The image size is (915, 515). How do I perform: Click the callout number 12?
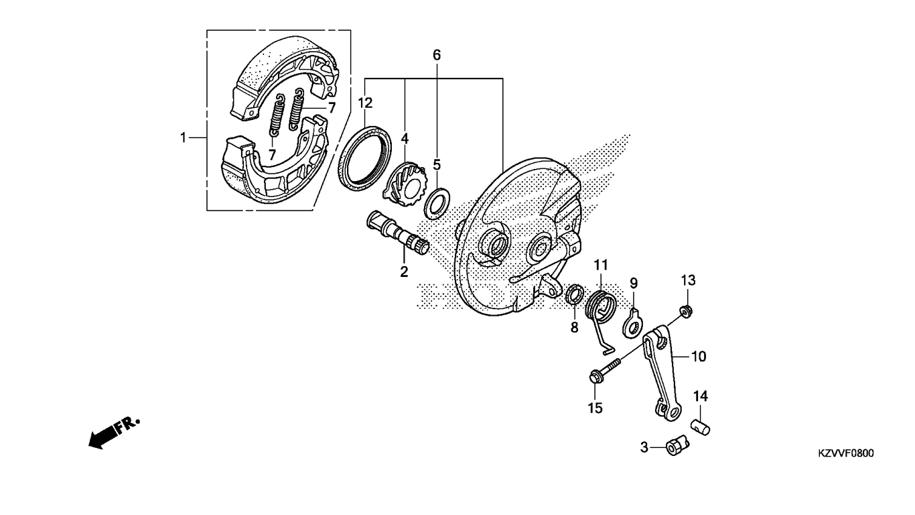coord(365,103)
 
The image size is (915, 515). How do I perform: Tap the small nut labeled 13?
coord(686,310)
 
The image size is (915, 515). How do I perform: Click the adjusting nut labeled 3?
coord(677,445)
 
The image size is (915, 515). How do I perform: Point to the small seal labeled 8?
coord(574,294)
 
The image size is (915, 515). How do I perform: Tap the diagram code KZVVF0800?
coord(845,454)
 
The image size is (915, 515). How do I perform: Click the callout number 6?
coord(437,55)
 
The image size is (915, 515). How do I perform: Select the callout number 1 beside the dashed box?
coord(182,137)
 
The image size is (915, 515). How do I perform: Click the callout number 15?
coord(595,407)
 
